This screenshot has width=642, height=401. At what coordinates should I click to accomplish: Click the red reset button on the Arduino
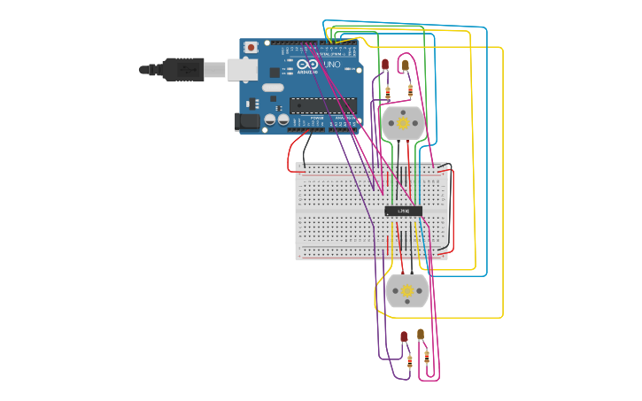[251, 47]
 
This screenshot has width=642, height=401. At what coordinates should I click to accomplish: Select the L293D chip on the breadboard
[403, 211]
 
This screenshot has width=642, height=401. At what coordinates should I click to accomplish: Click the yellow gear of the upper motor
[404, 124]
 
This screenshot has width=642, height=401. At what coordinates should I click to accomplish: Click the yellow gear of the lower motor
[407, 290]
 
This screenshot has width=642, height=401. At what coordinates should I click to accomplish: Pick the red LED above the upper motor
[385, 65]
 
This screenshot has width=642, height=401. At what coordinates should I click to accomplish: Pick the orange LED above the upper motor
[405, 65]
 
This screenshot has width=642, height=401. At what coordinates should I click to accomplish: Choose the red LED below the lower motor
[404, 336]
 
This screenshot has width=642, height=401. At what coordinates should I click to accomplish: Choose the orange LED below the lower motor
[422, 335]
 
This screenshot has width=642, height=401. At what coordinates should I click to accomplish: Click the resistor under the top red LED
[388, 91]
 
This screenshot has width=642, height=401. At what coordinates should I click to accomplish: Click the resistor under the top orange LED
[410, 89]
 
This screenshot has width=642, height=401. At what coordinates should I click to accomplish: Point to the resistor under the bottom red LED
[409, 361]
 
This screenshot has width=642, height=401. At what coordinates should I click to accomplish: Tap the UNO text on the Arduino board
[329, 65]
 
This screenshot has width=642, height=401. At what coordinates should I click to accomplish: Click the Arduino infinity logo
[306, 66]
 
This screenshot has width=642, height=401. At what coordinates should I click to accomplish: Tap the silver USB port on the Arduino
[243, 69]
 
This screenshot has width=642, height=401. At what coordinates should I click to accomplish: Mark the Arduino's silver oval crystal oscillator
[273, 87]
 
